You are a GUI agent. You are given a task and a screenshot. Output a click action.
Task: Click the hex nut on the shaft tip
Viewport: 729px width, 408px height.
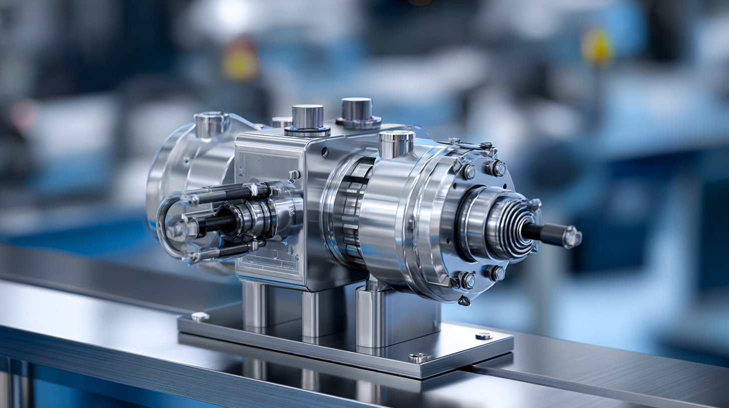(572, 237)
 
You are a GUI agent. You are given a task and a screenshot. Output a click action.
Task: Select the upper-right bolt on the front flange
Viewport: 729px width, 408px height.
(496, 168)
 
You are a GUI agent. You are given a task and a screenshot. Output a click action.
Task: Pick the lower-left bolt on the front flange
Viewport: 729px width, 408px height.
(467, 280)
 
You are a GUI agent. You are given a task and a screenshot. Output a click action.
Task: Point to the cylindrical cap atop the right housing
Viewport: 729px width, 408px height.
(396, 144)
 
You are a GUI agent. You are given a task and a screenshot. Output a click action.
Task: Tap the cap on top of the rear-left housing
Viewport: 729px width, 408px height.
(210, 124)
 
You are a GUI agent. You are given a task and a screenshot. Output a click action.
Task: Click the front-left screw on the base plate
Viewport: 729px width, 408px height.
(200, 316)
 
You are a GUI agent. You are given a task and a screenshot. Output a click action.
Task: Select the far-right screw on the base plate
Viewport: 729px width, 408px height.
(484, 335)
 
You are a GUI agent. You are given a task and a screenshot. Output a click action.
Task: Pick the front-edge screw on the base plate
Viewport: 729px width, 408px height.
(417, 357)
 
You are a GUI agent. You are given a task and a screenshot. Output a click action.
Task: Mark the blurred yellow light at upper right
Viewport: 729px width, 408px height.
(597, 46)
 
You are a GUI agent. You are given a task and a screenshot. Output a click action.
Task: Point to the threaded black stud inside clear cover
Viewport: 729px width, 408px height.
(218, 223)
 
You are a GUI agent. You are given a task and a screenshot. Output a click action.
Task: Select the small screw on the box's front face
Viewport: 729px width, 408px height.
(294, 175)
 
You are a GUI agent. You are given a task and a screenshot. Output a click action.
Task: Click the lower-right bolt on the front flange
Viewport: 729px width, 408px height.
(496, 273)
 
